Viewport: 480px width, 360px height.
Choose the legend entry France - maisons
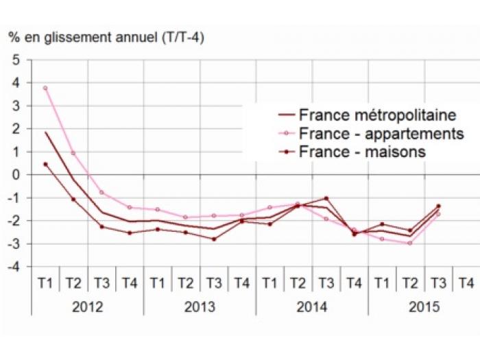pyautogui.click(x=362, y=152)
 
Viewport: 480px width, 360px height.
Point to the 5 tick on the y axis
pyautogui.click(x=16, y=60)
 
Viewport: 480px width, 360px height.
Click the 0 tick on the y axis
pyautogui.click(x=16, y=175)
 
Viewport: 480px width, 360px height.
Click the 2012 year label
pyautogui.click(x=87, y=307)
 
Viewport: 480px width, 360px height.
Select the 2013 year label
pyautogui.click(x=200, y=307)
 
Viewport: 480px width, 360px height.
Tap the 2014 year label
pyautogui.click(x=312, y=307)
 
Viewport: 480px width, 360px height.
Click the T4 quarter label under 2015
pyautogui.click(x=466, y=283)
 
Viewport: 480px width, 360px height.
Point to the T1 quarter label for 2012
pyautogui.click(x=45, y=283)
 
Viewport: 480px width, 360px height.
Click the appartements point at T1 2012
pyautogui.click(x=45, y=88)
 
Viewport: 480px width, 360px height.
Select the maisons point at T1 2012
pyautogui.click(x=45, y=164)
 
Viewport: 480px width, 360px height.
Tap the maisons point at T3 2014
pyautogui.click(x=326, y=198)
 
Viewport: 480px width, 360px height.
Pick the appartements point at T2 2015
pyautogui.click(x=410, y=243)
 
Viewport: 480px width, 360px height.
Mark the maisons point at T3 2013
pyautogui.click(x=213, y=239)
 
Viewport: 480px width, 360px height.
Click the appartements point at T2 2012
pyautogui.click(x=73, y=153)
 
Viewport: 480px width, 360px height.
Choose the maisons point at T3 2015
pyautogui.click(x=438, y=206)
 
